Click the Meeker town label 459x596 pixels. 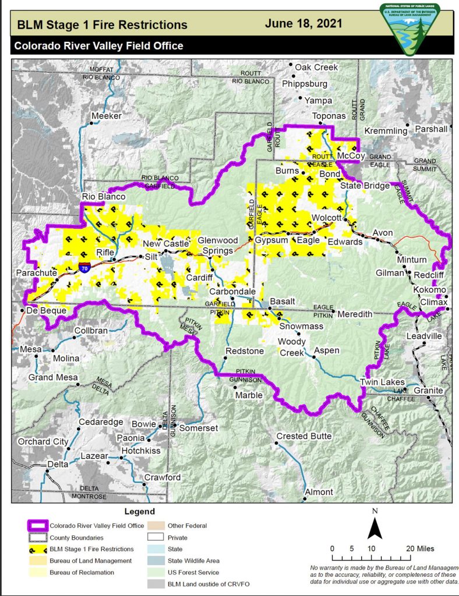coord(107,116)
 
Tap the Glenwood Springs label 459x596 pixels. coord(218,246)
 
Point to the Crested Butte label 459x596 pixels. coord(303,436)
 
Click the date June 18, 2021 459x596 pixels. coord(303,24)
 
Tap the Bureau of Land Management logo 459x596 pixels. coord(410,29)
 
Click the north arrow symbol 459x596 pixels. coord(376,526)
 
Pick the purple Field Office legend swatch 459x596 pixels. coord(37,526)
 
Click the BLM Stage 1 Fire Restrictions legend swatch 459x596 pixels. coord(37,549)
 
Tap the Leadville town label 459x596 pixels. coord(425,336)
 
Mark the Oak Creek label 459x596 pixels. coord(316,67)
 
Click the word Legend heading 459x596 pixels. coord(140,512)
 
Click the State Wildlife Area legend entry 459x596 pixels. coord(193,560)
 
